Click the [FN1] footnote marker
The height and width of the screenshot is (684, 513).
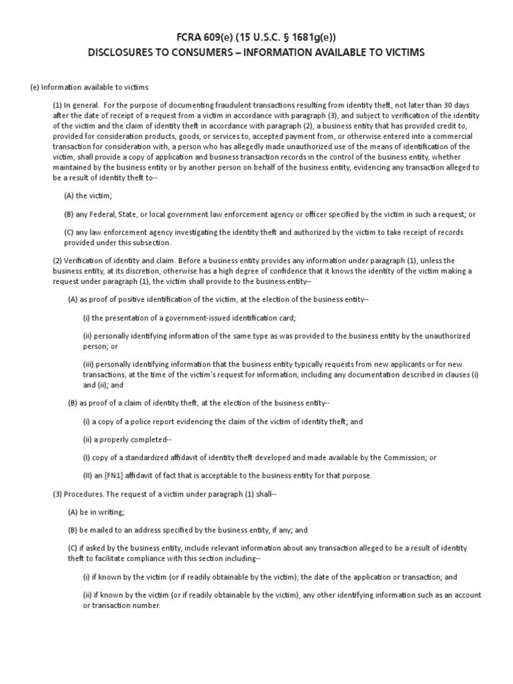(116, 476)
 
